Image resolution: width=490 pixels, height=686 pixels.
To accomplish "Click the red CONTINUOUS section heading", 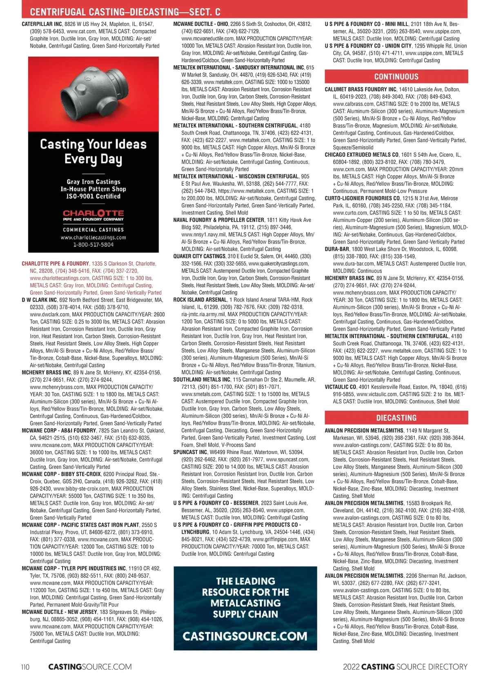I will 396,77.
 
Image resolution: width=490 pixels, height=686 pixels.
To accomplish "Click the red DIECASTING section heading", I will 396,418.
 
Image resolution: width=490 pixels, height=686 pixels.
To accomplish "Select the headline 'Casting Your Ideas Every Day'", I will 93,151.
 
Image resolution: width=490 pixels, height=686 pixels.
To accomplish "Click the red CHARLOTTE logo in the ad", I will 93,213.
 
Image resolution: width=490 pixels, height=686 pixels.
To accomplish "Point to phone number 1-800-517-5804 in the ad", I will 93,245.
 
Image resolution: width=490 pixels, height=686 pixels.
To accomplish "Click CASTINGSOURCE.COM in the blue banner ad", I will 245,636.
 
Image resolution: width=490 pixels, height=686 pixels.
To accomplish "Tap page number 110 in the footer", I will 25,667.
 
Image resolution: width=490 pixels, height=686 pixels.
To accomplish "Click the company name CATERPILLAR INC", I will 42,24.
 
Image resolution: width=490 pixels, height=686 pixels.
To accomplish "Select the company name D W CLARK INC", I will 39,300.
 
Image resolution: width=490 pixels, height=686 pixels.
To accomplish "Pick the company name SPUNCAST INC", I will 190,452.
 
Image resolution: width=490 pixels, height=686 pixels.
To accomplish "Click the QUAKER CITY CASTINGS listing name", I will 199,256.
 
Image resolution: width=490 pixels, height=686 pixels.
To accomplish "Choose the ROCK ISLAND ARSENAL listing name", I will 200,300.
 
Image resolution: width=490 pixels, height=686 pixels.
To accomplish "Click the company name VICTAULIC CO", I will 341,387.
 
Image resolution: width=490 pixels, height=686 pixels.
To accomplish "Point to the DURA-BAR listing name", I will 337,249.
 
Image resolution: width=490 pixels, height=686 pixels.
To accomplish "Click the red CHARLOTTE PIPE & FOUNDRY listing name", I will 55,264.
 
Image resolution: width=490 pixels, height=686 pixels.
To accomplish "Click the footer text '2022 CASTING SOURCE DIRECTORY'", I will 405,667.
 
